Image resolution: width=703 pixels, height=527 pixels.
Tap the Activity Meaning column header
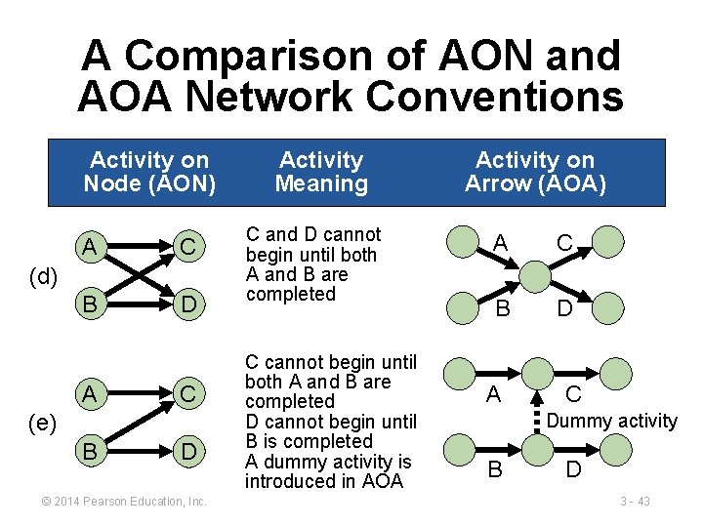tap(321, 172)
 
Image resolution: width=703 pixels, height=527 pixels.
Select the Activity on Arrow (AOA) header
tap(535, 172)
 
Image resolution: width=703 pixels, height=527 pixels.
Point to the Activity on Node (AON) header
tap(148, 172)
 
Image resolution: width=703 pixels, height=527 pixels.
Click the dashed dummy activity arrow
tap(535, 417)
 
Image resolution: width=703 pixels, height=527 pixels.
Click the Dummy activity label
tap(611, 421)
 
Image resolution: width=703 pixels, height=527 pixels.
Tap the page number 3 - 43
tap(635, 501)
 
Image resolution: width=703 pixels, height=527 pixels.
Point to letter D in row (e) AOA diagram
tap(574, 470)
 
